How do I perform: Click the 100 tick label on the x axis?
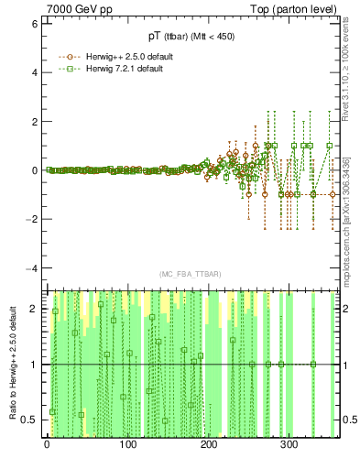tap(127, 447)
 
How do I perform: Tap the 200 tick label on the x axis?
tap(208, 447)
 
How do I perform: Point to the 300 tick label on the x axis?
tap(289, 447)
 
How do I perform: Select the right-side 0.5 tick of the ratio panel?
tap(350, 420)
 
